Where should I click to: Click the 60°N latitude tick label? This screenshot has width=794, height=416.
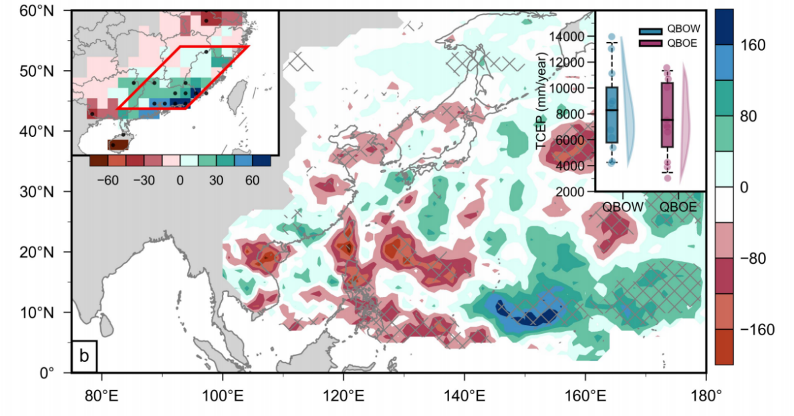pos(37,11)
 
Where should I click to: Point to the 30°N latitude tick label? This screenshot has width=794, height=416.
pos(37,192)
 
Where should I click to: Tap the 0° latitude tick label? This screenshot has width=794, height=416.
pos(45,373)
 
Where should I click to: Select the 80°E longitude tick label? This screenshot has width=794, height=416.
pos(102,395)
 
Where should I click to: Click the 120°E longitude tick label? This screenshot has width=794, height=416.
pos(344,395)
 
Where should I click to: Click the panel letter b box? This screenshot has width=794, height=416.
pos(84,356)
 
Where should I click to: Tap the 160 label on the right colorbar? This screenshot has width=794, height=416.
pos(753,45)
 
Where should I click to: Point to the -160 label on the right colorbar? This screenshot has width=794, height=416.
pos(757,329)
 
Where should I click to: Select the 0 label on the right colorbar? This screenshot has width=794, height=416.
pos(744,187)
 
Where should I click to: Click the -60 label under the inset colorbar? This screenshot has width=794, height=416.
pos(108,180)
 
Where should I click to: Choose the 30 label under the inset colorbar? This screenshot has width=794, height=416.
pos(217,180)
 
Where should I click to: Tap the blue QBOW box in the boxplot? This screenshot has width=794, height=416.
pos(612,115)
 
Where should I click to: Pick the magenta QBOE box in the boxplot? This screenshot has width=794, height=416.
pos(668,115)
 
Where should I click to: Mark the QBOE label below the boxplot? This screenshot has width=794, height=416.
pos(678,206)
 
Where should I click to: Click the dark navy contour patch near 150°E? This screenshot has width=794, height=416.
pos(527,315)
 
